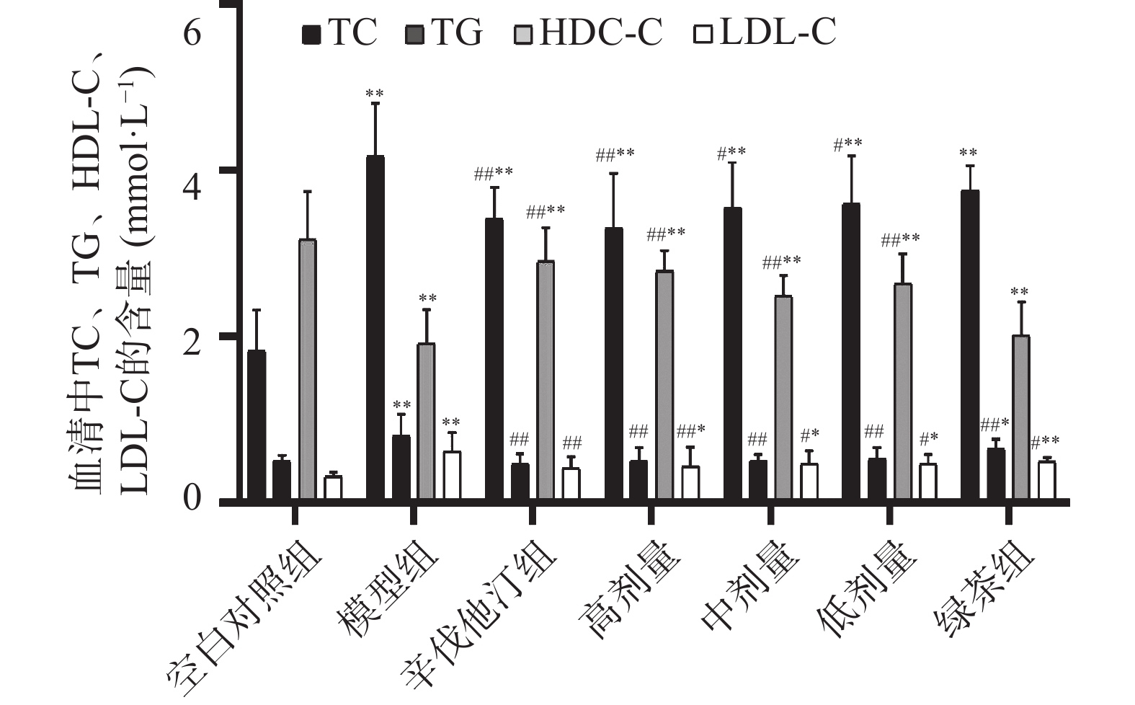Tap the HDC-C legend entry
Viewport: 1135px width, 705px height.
(x=587, y=33)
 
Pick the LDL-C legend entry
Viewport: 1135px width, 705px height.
(x=765, y=33)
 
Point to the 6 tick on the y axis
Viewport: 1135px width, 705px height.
(x=192, y=33)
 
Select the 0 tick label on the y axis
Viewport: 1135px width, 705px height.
(x=192, y=497)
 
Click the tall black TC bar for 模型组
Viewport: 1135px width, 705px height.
(x=375, y=328)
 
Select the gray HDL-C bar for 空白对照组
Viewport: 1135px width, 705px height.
(x=308, y=369)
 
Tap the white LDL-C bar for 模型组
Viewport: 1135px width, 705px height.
(x=452, y=475)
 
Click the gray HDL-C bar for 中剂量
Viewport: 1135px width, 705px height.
(x=783, y=397)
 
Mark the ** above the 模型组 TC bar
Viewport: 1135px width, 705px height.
(x=375, y=94)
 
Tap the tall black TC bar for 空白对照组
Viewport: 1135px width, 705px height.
(x=257, y=425)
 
